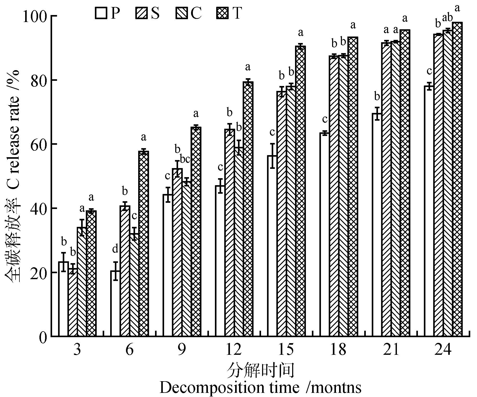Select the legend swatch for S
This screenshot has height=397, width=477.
click(x=142, y=13)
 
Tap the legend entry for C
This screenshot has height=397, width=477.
click(x=181, y=13)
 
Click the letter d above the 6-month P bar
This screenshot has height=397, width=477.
click(x=115, y=249)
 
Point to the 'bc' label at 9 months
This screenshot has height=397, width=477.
click(x=185, y=160)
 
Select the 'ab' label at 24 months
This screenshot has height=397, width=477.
click(x=447, y=18)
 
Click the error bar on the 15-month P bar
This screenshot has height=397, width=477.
click(x=272, y=156)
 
